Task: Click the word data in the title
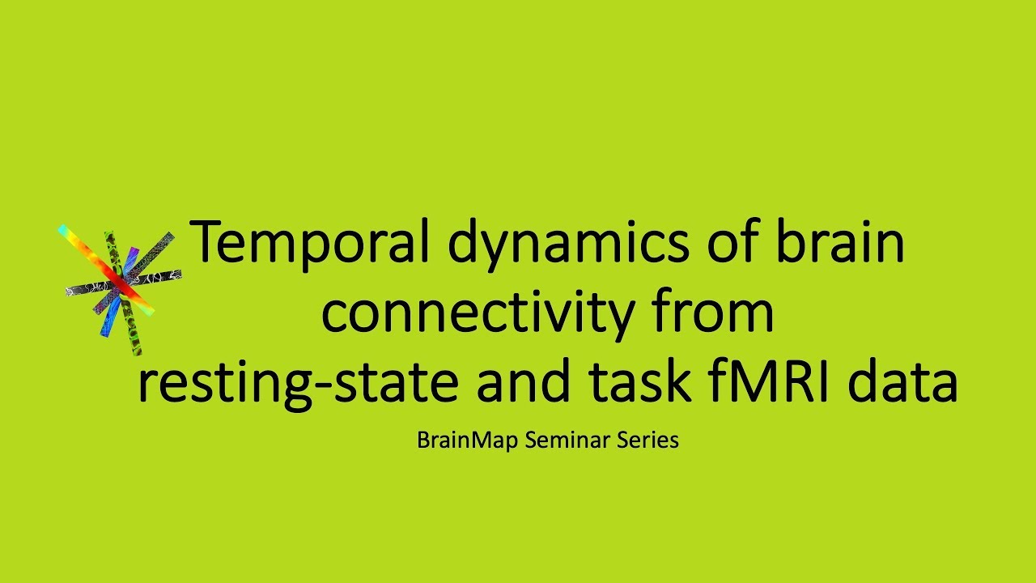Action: (x=902, y=382)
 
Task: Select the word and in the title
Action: (x=520, y=382)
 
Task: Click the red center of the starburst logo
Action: (x=119, y=283)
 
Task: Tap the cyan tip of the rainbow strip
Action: (x=63, y=230)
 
